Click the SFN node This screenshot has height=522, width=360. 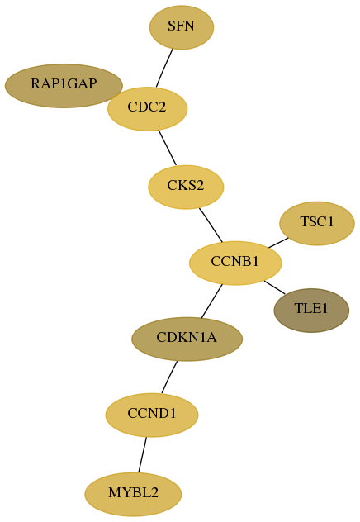[182, 27]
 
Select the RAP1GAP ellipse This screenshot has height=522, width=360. [64, 86]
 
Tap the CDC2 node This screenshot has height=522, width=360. [147, 109]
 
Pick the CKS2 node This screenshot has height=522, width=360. [186, 187]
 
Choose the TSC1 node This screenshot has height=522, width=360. [317, 223]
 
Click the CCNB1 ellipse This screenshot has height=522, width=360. [235, 263]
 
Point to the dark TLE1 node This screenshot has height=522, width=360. [311, 311]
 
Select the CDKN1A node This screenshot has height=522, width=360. [187, 339]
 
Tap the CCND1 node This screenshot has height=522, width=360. [152, 415]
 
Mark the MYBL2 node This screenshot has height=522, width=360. [133, 494]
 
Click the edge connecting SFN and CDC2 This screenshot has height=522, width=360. [164, 68]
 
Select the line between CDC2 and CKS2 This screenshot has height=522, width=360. [168, 148]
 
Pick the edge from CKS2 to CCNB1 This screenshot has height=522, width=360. [211, 225]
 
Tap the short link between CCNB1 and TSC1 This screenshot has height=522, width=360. [278, 243]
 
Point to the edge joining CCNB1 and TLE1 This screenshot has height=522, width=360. [274, 287]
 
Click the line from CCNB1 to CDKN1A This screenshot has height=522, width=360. [211, 301]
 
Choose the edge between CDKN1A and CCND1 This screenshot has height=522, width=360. [169, 377]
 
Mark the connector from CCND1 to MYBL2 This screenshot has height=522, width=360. [142, 455]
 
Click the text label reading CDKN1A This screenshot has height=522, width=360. [187, 338]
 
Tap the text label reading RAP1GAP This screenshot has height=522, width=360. [64, 84]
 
